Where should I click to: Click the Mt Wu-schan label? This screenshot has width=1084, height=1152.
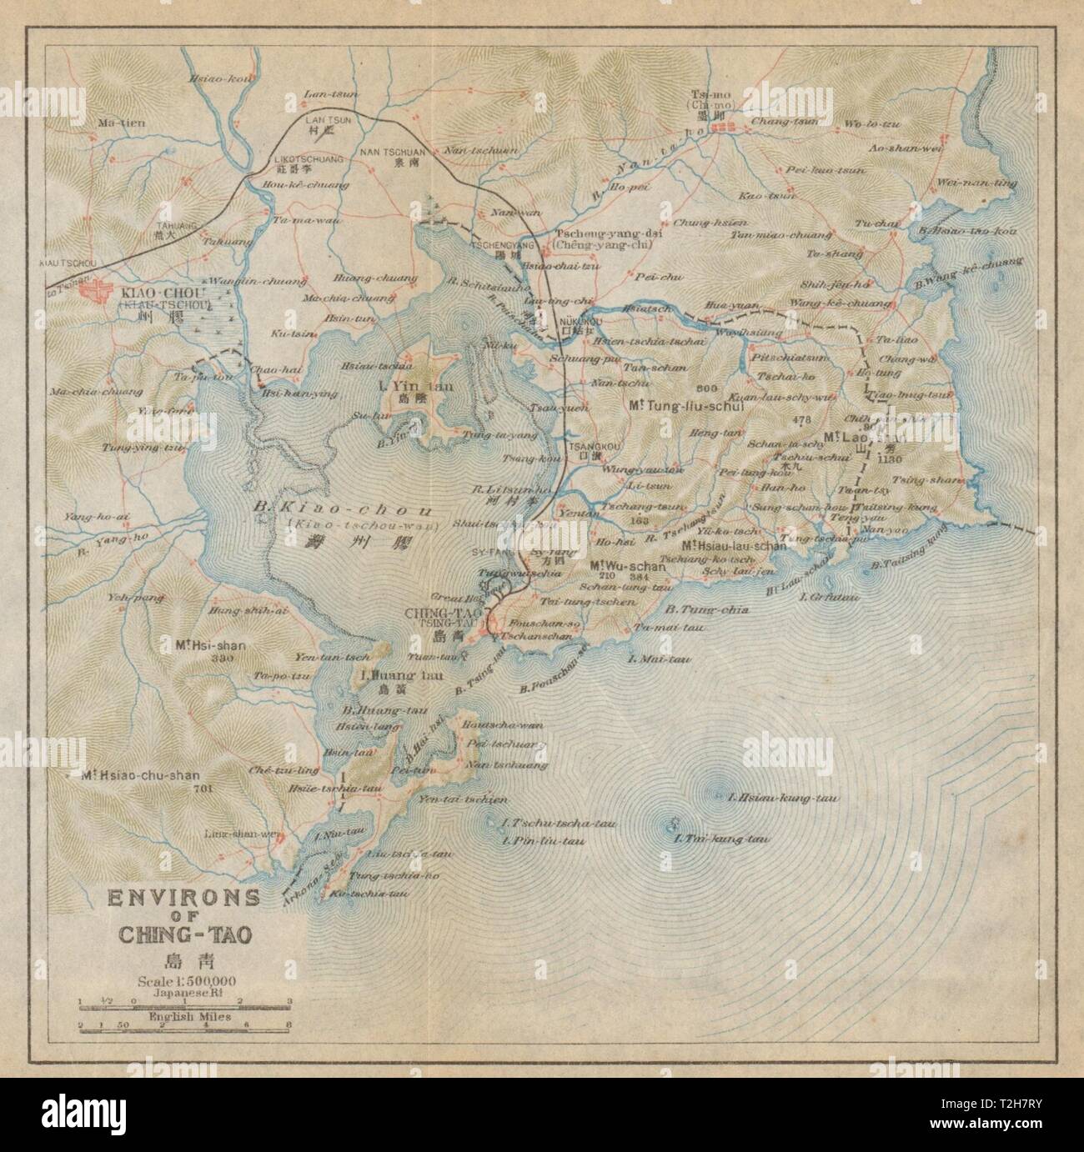click(628, 565)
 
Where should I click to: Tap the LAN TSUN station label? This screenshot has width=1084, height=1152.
click(329, 120)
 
